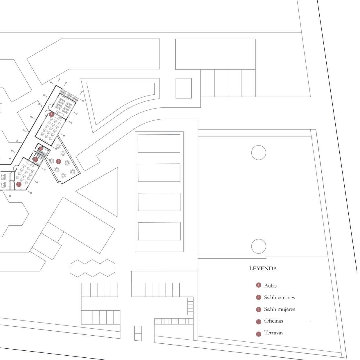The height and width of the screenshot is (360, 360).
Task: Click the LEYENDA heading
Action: point(263,269)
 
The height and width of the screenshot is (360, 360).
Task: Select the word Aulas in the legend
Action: point(270,286)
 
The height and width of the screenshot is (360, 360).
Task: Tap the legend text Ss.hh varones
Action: point(279,298)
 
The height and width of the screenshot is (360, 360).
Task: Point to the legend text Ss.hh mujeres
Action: point(279,309)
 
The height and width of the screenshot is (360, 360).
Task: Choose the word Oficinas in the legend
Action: point(273,321)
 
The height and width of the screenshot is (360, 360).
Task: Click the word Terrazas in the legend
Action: point(273,333)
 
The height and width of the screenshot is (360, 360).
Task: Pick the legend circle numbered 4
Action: point(259,322)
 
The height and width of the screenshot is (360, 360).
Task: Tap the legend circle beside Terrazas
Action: point(259,334)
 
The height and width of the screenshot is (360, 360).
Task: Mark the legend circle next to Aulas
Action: point(259,285)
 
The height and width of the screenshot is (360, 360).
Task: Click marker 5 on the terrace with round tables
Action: point(58,161)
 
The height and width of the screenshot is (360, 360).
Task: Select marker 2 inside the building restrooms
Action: point(36,159)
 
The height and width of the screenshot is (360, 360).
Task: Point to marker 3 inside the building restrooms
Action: point(41,148)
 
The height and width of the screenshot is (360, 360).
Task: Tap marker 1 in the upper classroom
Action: point(51,114)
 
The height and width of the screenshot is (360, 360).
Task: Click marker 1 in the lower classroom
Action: point(19,184)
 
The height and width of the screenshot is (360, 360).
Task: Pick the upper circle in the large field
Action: point(259,153)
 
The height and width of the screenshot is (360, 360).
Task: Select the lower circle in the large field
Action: point(259,246)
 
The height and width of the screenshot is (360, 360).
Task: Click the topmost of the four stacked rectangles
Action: point(159,143)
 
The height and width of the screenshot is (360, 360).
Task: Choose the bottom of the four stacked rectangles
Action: point(159,231)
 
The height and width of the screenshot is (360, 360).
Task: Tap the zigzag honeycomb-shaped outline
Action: point(92,268)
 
